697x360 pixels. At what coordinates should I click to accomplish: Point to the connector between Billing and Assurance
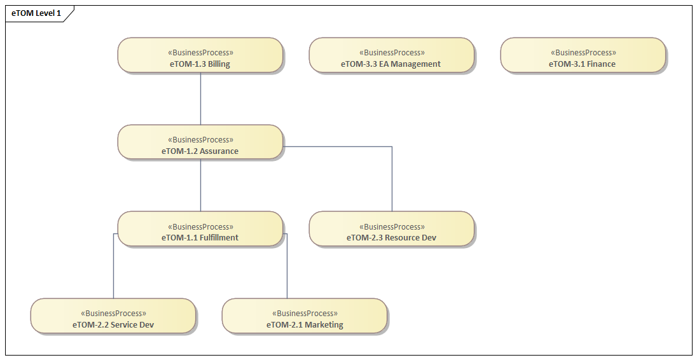pyautogui.click(x=201, y=99)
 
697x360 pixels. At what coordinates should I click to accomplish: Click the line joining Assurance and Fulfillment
pyautogui.click(x=201, y=185)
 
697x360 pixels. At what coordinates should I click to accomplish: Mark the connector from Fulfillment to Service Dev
pyautogui.click(x=114, y=267)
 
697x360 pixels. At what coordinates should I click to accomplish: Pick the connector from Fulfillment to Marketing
pyautogui.click(x=287, y=267)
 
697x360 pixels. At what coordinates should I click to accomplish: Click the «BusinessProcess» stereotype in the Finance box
pyautogui.click(x=583, y=53)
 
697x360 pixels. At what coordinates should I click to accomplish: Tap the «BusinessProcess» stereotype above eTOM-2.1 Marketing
pyautogui.click(x=305, y=314)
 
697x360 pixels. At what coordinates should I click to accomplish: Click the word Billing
pyautogui.click(x=219, y=64)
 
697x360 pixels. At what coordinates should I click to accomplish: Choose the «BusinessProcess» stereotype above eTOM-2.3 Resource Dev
pyautogui.click(x=392, y=227)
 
